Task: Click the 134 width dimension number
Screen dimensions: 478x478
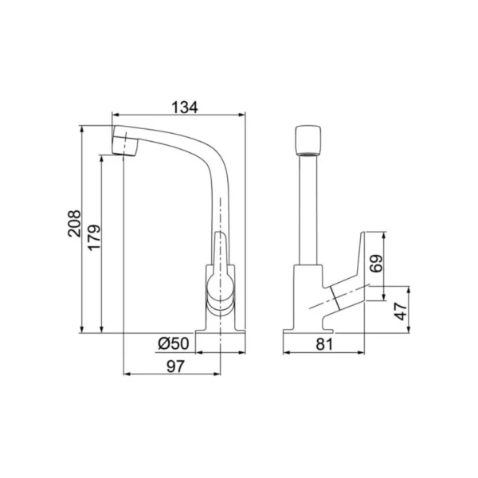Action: pyautogui.click(x=185, y=108)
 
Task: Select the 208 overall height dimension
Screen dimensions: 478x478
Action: pyautogui.click(x=74, y=223)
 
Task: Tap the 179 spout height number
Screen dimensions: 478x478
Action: pyautogui.click(x=94, y=237)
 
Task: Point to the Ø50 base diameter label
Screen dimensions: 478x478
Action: pyautogui.click(x=174, y=343)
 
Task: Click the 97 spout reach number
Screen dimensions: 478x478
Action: pyautogui.click(x=176, y=366)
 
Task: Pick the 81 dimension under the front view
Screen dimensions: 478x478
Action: pyautogui.click(x=324, y=344)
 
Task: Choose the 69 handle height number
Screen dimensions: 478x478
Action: pyautogui.click(x=375, y=263)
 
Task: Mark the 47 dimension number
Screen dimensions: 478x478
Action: pyautogui.click(x=401, y=311)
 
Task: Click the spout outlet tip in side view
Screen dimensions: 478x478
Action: pyautogui.click(x=125, y=147)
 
